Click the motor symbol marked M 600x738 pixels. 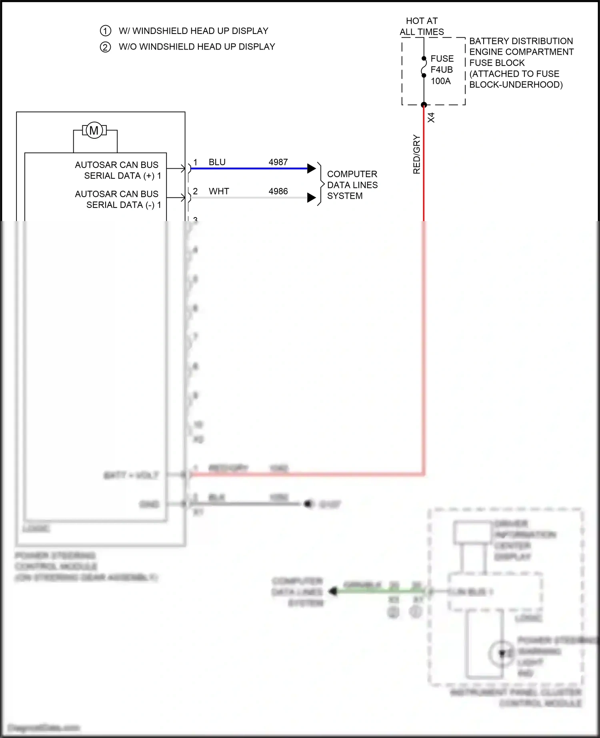(94, 130)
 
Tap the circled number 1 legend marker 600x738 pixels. (105, 31)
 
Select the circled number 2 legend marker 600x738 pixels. (105, 47)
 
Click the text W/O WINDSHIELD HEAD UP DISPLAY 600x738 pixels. (197, 47)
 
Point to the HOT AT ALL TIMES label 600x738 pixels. (422, 26)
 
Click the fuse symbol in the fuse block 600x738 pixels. (424, 67)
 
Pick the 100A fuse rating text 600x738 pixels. (440, 81)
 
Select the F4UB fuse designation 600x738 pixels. (442, 70)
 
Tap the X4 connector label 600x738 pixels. (431, 118)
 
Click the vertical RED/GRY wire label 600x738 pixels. (416, 154)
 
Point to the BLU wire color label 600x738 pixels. (217, 162)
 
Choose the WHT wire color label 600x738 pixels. (219, 191)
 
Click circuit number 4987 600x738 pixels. (278, 162)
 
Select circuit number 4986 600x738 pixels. (278, 191)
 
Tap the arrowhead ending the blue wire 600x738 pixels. (312, 168)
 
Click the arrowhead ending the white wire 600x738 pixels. (312, 197)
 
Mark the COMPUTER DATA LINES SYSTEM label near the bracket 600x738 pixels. (352, 185)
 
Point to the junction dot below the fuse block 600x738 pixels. (424, 105)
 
